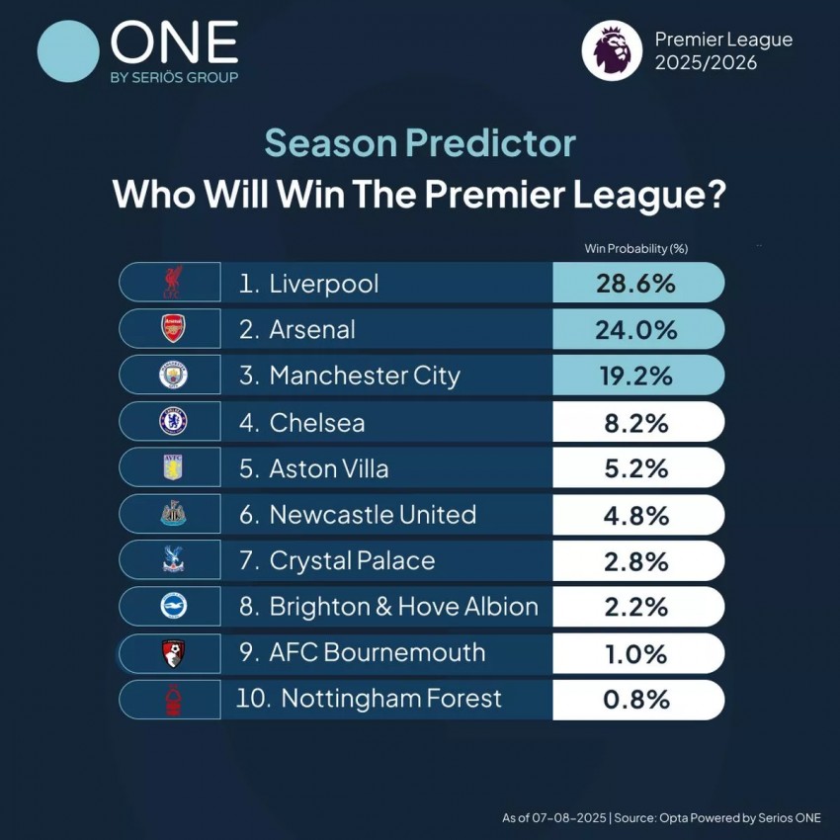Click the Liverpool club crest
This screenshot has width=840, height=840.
173,282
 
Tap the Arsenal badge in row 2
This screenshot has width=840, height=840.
173,328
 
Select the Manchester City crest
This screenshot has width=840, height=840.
174,375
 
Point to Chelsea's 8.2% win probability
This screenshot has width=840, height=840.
636,423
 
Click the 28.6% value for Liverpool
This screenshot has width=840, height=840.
635,284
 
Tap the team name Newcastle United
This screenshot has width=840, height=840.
373,514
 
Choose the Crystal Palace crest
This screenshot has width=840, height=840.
174,559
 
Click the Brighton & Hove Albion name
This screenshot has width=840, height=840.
404,607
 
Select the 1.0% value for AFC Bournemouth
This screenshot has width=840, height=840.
636,654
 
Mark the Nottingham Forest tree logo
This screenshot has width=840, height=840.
174,699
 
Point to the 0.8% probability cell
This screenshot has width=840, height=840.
636,700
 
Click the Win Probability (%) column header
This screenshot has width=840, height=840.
635,249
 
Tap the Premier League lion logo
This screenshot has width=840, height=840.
612,50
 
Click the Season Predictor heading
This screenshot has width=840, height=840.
420,143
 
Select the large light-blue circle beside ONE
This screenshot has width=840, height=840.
68,51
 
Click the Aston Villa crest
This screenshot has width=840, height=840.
173,467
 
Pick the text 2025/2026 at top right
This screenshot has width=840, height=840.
706,62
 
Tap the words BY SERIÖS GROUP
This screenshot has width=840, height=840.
175,78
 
